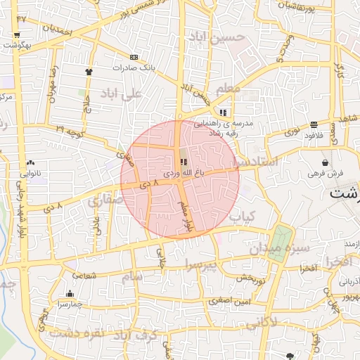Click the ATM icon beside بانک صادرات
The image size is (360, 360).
[x=134, y=57]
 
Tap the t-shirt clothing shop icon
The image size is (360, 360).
[x=89, y=72]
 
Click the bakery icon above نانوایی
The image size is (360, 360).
[x=31, y=162]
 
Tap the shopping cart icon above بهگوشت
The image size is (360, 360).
[x=16, y=34]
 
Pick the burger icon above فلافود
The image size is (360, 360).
[x=313, y=125]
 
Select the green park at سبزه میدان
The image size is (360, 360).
[x=280, y=243]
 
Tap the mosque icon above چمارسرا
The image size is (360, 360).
[x=70, y=294]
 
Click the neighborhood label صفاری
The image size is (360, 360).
[x=105, y=201]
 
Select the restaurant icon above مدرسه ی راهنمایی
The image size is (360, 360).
[x=223, y=112]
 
